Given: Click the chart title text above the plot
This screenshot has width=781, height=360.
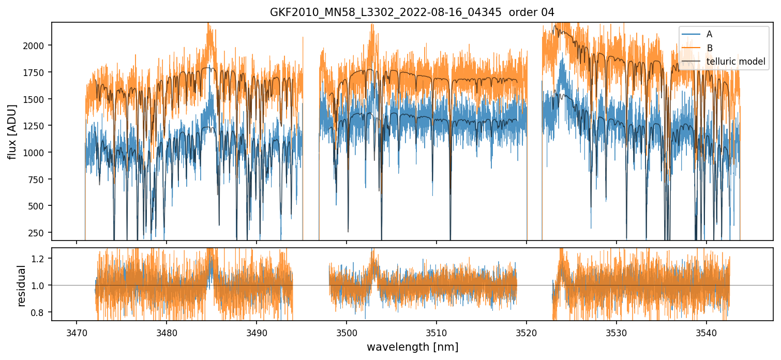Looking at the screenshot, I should coord(412,12).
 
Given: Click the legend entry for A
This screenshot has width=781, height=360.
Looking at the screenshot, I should coord(709,34).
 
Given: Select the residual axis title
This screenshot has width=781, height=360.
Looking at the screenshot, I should coord(21,286).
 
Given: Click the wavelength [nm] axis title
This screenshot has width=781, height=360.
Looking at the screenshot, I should coord(412,347).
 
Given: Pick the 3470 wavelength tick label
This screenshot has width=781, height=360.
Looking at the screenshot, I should coord(77,332).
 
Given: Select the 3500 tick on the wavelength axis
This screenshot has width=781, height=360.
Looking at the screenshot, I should coord(347,332).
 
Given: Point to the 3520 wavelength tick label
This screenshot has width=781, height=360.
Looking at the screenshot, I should coord(527,332).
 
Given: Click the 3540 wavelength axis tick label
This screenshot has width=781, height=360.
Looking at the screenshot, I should coord(707,332).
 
